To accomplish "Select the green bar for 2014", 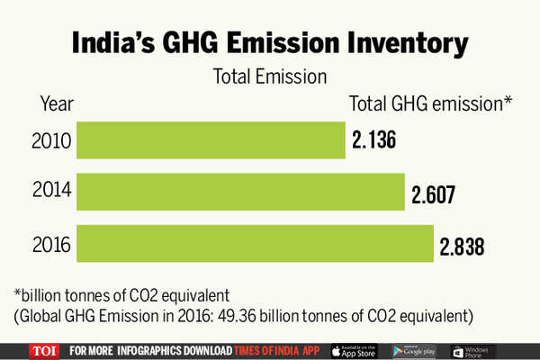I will point(240,192).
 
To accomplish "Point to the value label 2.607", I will point(435,193).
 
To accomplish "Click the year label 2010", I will point(50,142).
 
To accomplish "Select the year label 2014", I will point(50,193).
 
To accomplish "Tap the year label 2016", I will point(50,243).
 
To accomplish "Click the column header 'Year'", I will point(57,103).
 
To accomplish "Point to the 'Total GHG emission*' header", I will point(430,103).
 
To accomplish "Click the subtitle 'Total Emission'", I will point(268,77).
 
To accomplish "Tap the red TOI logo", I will point(43,350).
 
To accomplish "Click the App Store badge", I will point(355,350).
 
